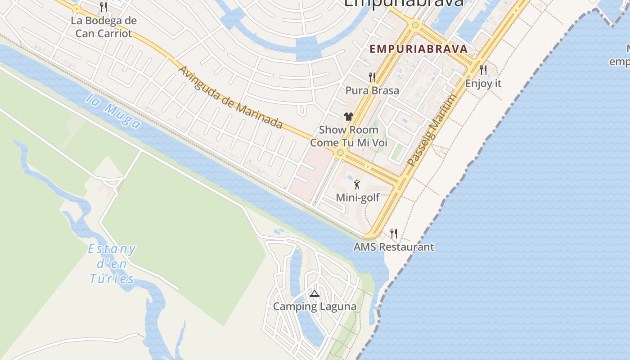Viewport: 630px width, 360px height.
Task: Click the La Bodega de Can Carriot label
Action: (x=104, y=27)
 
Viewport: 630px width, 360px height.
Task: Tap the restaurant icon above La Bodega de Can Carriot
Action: (x=103, y=7)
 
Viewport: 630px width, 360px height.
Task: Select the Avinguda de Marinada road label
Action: (x=231, y=98)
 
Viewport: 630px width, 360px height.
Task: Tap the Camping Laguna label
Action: (x=315, y=306)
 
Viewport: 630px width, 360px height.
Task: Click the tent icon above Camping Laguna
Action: (x=315, y=294)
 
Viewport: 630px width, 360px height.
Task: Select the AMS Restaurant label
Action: (x=394, y=247)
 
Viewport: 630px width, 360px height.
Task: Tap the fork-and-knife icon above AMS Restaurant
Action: (x=394, y=233)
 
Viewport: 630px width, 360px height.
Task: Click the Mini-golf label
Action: (x=358, y=197)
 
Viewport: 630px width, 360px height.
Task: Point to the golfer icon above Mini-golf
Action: (x=357, y=184)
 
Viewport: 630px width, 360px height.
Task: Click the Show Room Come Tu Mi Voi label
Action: (x=349, y=136)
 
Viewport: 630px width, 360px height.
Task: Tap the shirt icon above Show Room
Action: (x=349, y=117)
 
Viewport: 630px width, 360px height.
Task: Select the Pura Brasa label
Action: (x=372, y=90)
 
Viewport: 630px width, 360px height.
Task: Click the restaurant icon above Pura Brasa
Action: (x=372, y=77)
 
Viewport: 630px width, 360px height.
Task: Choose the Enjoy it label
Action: (x=483, y=83)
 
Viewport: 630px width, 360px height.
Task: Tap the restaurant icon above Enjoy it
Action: (x=483, y=70)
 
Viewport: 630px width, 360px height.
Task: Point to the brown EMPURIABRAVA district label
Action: (x=418, y=49)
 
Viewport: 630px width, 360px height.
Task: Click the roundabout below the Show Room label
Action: (x=340, y=153)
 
